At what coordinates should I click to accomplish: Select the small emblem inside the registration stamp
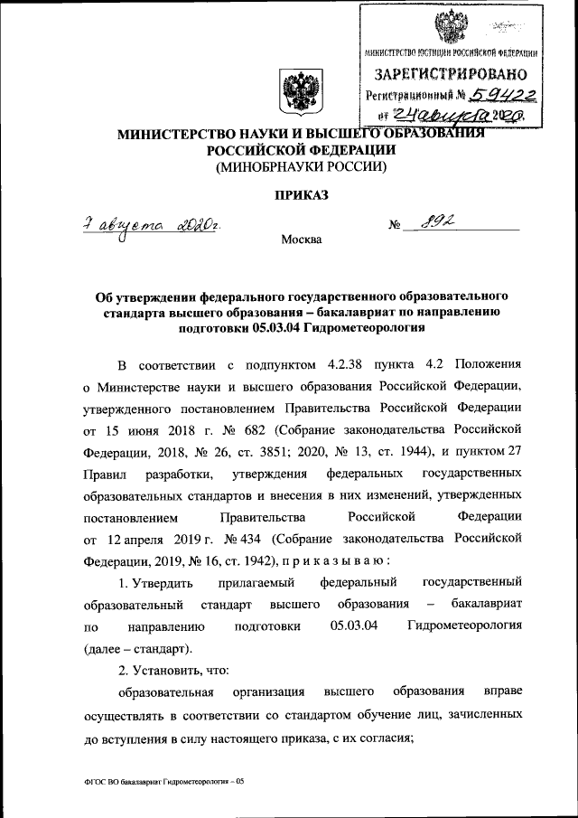click(x=454, y=29)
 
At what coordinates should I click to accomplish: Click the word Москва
click(x=300, y=241)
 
